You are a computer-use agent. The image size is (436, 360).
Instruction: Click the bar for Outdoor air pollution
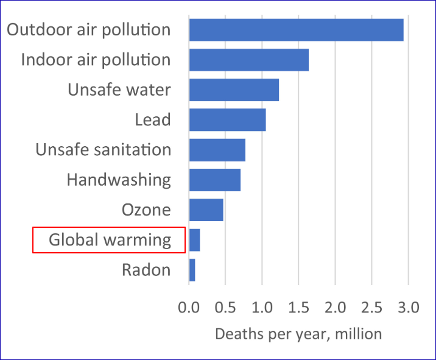(296, 30)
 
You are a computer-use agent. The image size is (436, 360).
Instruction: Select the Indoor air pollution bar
(248, 60)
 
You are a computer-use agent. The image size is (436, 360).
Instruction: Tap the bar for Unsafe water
(234, 90)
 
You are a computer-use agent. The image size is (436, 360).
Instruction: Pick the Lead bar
(227, 119)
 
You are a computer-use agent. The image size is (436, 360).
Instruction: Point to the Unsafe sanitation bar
(217, 150)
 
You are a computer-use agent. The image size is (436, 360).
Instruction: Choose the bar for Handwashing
(214, 180)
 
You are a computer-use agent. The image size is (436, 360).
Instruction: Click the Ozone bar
(206, 210)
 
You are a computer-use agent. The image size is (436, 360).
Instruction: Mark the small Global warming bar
(194, 239)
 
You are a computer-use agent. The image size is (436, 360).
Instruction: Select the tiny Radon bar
(192, 270)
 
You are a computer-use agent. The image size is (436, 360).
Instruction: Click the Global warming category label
(110, 240)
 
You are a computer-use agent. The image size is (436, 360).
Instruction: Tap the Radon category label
(146, 270)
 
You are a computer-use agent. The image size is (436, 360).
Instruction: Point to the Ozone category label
(146, 210)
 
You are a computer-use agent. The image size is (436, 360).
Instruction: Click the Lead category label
(152, 120)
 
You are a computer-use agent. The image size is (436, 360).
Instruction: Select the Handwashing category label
(118, 180)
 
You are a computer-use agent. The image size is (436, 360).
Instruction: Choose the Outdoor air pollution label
(88, 30)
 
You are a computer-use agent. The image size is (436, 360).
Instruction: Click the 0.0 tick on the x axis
(189, 308)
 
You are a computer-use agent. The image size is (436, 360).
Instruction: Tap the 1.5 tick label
(298, 308)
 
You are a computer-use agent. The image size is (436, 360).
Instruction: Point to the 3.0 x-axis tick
(408, 308)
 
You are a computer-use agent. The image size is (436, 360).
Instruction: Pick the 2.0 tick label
(335, 308)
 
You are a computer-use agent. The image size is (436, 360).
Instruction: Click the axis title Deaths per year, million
(298, 334)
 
